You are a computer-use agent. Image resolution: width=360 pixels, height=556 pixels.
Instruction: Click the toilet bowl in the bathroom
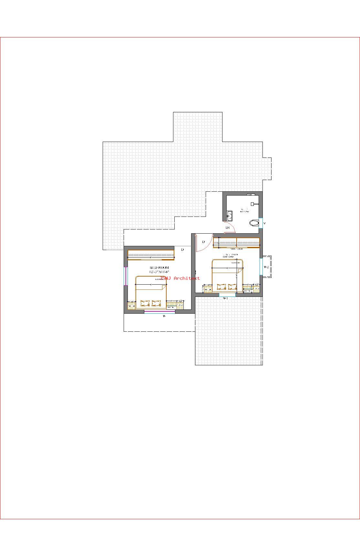pyautogui.click(x=254, y=223)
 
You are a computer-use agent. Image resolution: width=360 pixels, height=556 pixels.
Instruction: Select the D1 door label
pyautogui.click(x=228, y=227)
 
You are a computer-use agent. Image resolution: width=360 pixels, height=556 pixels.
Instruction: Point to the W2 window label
pyautogui.click(x=266, y=267)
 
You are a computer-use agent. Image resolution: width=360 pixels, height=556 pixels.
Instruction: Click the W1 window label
pyautogui.click(x=226, y=298)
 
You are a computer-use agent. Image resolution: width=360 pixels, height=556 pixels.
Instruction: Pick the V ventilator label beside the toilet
pyautogui.click(x=265, y=223)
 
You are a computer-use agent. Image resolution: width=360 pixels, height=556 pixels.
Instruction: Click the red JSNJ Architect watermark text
pyautogui.click(x=180, y=278)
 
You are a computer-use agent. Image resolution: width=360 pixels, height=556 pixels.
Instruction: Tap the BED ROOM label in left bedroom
pyautogui.click(x=159, y=268)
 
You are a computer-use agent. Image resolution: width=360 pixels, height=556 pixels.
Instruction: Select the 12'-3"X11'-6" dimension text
pyautogui.click(x=159, y=272)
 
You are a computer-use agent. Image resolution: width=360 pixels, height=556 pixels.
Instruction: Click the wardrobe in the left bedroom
pyautogui.click(x=151, y=255)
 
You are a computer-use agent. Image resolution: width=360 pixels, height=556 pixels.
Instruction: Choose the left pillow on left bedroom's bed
pyautogui.click(x=145, y=303)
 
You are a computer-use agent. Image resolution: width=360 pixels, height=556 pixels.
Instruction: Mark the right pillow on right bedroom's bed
pyautogui.click(x=232, y=287)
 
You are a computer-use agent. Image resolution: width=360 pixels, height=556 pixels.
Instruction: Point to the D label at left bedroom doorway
pyautogui.click(x=182, y=249)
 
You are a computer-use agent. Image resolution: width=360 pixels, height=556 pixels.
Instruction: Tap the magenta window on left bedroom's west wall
pyautogui.click(x=126, y=276)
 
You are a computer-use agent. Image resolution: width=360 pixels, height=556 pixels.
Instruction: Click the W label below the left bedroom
pyautogui.click(x=164, y=316)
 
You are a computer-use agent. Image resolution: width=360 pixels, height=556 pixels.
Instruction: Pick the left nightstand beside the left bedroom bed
pyautogui.click(x=131, y=305)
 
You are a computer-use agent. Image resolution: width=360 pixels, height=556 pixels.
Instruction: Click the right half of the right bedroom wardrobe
pyautogui.click(x=248, y=242)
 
